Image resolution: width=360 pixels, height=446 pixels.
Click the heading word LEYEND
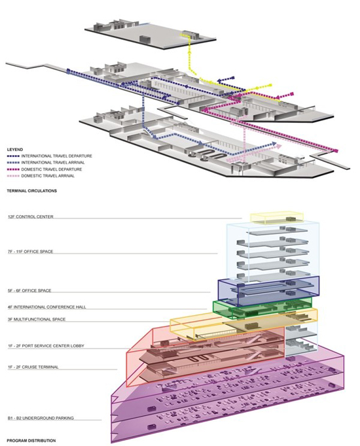15,150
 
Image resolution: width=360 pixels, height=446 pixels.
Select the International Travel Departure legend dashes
13,156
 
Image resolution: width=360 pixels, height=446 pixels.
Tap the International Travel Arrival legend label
53,163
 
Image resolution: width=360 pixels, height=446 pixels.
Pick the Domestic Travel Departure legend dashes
13,169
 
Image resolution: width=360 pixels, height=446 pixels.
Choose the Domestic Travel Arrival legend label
48,176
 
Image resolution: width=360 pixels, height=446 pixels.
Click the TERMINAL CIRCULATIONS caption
31,190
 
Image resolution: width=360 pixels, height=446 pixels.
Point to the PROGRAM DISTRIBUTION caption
31,441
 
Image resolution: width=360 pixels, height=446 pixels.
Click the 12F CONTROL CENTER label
31,216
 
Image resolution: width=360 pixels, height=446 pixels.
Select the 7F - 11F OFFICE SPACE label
31,251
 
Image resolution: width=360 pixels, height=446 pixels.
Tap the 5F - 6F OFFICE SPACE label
29,291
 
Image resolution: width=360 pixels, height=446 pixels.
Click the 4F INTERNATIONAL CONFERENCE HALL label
46,307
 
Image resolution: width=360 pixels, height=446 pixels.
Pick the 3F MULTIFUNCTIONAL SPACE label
37,319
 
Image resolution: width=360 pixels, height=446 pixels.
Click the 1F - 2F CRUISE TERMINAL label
33,368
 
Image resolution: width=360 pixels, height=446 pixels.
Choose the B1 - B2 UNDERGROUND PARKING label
41,418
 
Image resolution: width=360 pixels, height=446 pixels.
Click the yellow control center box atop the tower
277,218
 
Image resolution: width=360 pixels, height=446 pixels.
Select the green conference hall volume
262,308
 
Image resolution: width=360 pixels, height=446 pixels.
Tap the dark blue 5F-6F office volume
268,291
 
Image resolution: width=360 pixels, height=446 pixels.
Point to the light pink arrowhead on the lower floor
279,146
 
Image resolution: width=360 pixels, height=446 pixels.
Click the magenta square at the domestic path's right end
336,151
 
